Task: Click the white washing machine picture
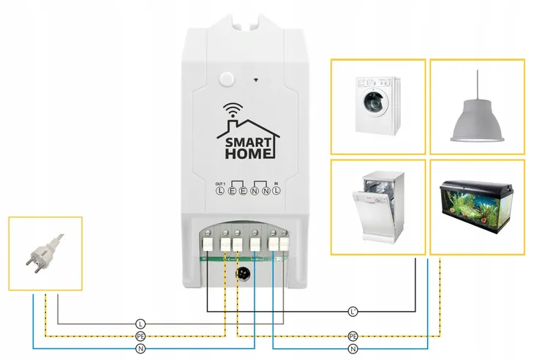378,107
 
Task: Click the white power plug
45,252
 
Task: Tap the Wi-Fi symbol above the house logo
232,109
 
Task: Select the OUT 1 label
220,183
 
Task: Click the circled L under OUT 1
219,192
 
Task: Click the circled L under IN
278,192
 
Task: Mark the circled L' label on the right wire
353,312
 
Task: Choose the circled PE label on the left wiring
140,336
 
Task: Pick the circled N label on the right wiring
353,348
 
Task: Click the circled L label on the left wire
140,323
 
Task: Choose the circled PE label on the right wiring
353,336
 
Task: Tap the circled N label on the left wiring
140,348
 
